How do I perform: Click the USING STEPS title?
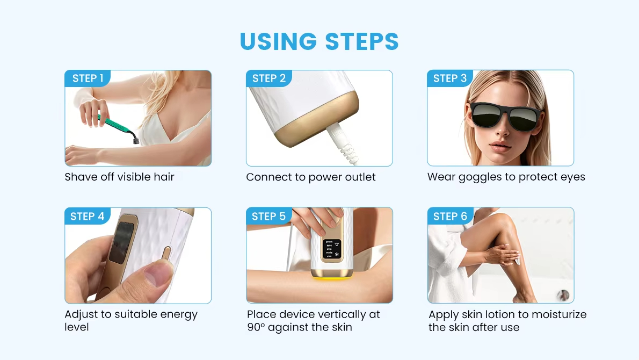click(319, 42)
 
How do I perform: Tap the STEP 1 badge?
click(88, 78)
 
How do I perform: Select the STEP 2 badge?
click(268, 78)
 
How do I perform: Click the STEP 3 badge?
click(450, 78)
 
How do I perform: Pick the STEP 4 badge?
click(88, 217)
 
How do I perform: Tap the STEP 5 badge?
click(268, 217)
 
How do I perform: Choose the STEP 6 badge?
click(450, 217)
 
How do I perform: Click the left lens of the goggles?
click(484, 117)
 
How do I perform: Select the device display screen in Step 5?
click(331, 249)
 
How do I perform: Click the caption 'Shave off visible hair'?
click(119, 177)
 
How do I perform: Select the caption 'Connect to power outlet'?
click(311, 177)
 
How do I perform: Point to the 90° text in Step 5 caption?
click(256, 327)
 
